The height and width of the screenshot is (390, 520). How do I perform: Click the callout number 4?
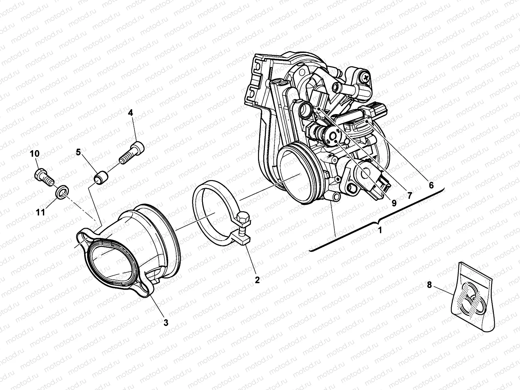coord(130,113)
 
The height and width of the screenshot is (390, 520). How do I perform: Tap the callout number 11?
coord(40,213)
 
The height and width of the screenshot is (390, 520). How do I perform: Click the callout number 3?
coord(166,322)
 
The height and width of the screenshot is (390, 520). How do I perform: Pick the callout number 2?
coord(257,279)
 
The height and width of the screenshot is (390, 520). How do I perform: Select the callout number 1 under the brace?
coord(380,230)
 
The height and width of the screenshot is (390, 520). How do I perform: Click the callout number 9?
coord(394,203)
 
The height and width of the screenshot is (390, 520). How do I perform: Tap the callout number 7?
coord(409,196)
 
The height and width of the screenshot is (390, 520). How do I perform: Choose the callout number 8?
coord(429,285)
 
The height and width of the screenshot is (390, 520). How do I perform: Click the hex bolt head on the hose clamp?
coord(243,217)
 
